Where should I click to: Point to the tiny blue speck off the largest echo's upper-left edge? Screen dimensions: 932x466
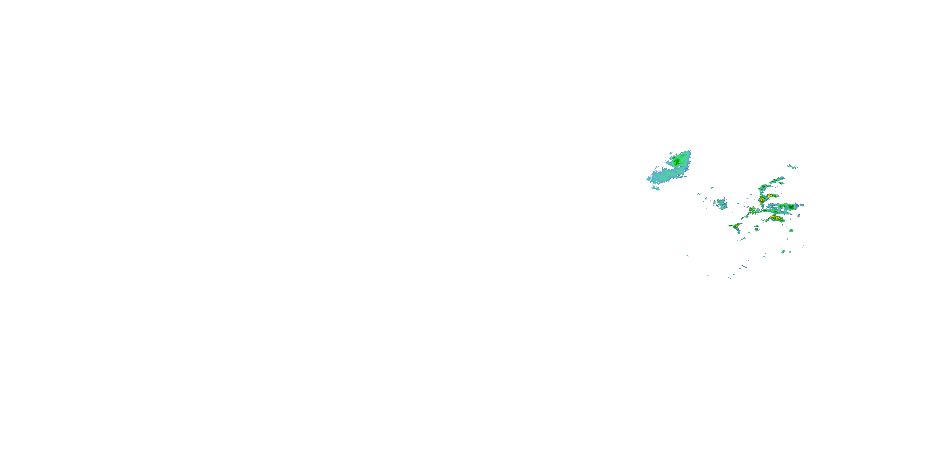pos(671,153)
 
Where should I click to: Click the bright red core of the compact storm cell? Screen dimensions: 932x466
pos(762,199)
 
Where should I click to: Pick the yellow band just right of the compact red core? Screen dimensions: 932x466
pos(771,196)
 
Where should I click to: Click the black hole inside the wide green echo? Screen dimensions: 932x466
pos(783,209)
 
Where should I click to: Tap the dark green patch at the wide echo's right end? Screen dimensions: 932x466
pos(792,207)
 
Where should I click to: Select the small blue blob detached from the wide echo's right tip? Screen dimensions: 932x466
pos(802,205)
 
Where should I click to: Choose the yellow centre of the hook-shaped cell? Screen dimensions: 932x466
pos(737,226)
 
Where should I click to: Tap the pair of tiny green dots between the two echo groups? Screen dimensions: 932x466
pos(699,194)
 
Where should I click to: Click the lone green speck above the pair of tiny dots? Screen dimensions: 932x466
pos(712,188)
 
